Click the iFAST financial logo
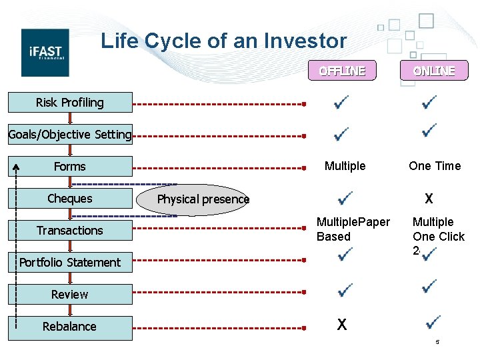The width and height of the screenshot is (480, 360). pyautogui.click(x=45, y=52)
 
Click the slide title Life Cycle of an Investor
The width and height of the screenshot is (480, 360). pyautogui.click(x=223, y=41)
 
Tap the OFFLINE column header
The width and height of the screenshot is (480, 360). pyautogui.click(x=341, y=71)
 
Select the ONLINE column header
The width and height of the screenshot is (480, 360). pyautogui.click(x=433, y=71)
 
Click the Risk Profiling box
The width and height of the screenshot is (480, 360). pyautogui.click(x=70, y=103)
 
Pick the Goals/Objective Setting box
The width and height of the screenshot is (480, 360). pyautogui.click(x=70, y=135)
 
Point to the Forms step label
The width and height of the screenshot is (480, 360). pyautogui.click(x=70, y=167)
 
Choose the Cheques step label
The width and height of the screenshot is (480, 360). pyautogui.click(x=70, y=199)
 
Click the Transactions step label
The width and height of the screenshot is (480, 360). pyautogui.click(x=70, y=231)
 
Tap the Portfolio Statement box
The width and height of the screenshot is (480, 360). pyautogui.click(x=70, y=263)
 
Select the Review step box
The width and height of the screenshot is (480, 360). pyautogui.click(x=70, y=295)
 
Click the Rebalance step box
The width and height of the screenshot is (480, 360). pyautogui.click(x=70, y=327)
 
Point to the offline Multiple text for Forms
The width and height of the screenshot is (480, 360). pyautogui.click(x=345, y=166)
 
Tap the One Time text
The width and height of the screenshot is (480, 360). pyautogui.click(x=435, y=166)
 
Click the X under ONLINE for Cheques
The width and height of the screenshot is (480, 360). pyautogui.click(x=429, y=199)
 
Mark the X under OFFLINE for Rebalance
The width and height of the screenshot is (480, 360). pyautogui.click(x=341, y=325)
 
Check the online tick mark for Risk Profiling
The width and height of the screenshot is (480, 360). pyautogui.click(x=429, y=103)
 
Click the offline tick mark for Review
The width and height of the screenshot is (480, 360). pyautogui.click(x=344, y=291)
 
